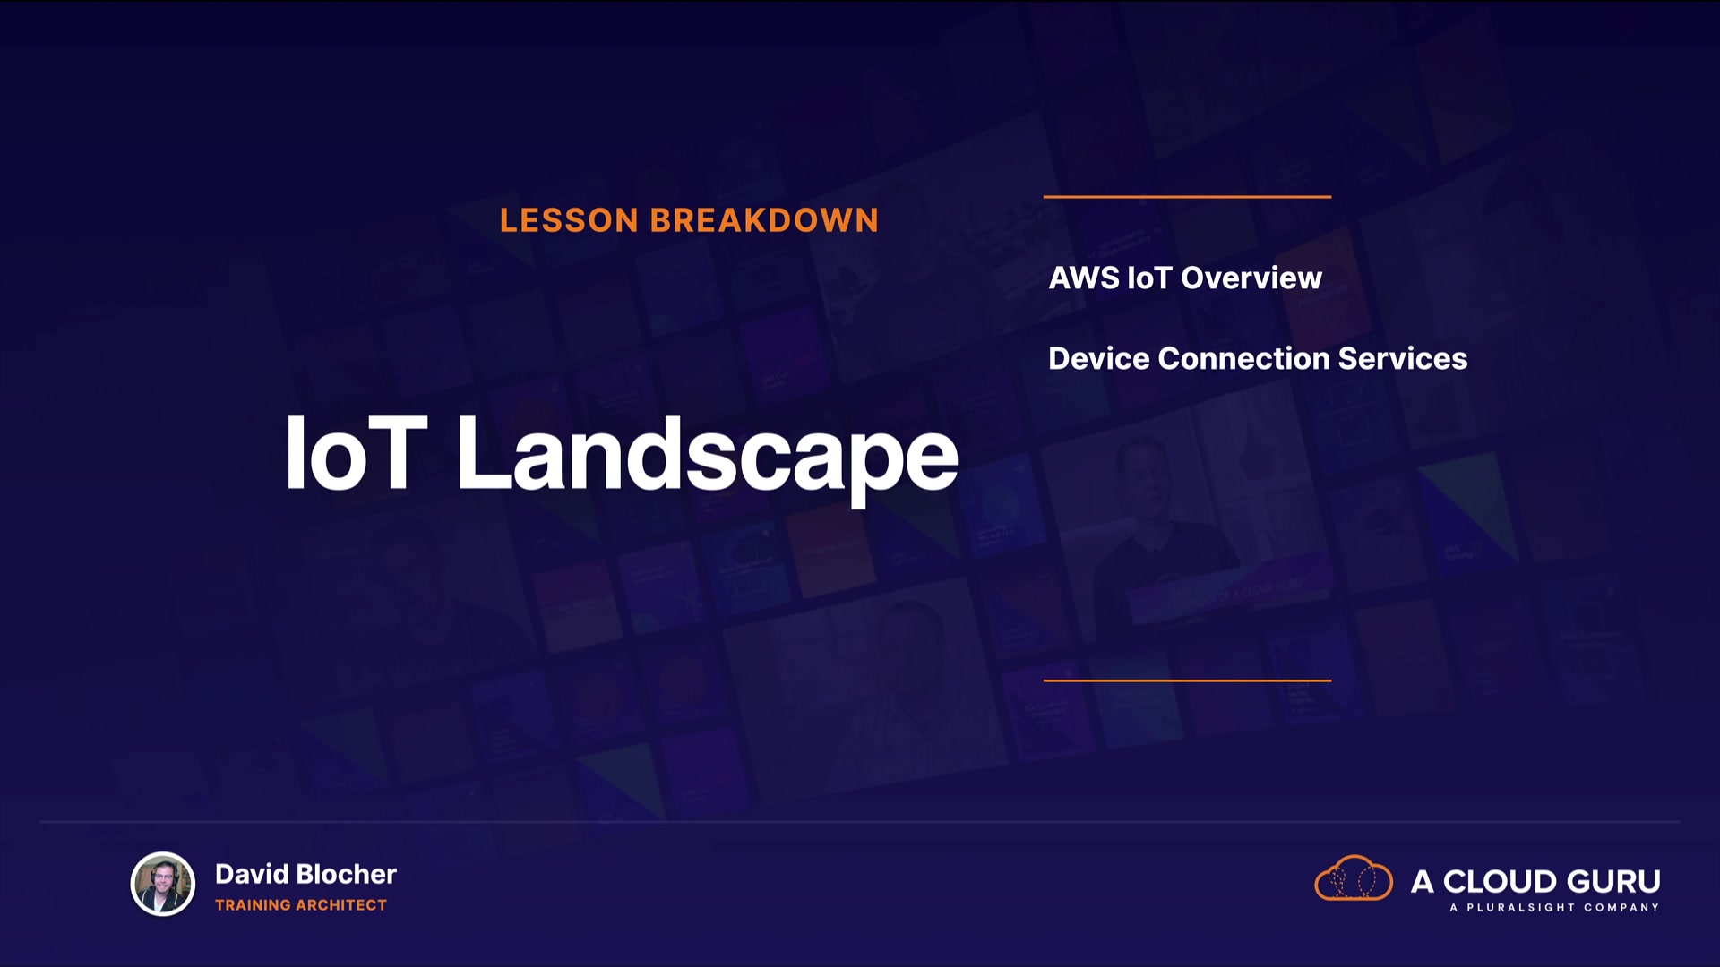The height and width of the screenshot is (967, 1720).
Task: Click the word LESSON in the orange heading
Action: [569, 220]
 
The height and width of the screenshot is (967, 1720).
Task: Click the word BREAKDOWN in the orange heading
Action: [764, 220]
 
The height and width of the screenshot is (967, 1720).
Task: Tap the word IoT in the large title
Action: [356, 453]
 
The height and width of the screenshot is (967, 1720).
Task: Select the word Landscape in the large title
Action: [708, 458]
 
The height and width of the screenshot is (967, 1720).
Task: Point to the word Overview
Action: [1251, 278]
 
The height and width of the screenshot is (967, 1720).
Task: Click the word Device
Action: [1099, 358]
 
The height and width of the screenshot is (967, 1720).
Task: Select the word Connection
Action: [1243, 358]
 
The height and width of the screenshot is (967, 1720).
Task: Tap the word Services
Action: [1402, 358]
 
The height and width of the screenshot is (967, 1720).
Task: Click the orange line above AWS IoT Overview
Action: [1187, 196]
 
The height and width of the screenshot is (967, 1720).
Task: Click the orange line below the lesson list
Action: [1187, 680]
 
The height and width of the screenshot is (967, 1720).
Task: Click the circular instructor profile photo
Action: [163, 884]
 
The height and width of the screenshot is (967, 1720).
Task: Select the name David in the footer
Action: [252, 874]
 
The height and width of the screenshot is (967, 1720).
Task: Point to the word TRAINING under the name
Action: [253, 905]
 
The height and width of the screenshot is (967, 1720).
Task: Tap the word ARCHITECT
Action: [341, 905]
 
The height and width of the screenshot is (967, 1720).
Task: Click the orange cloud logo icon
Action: [1354, 877]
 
